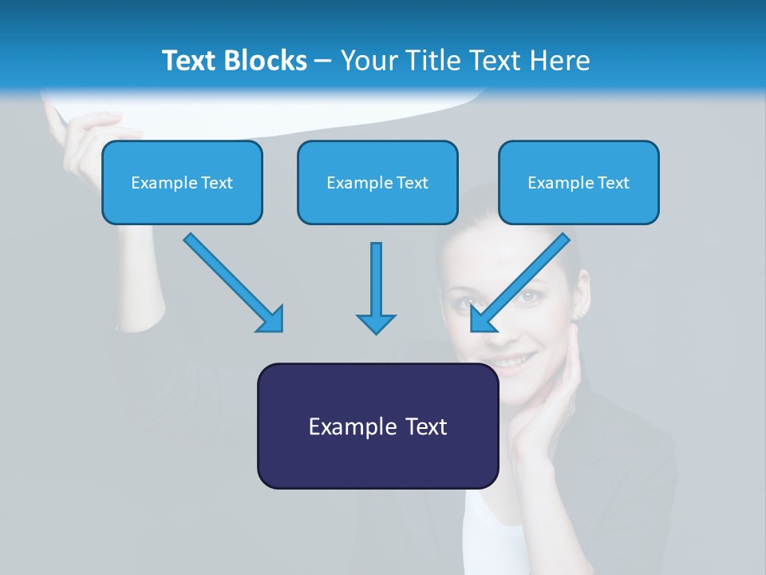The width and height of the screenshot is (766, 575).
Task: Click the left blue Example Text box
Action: coord(182,183)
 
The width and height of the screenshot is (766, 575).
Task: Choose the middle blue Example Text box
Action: coord(377,183)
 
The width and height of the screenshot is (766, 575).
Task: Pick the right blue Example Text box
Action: coord(578,183)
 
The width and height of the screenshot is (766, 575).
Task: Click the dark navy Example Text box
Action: coord(377,426)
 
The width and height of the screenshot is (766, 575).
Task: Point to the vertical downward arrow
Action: coord(376,280)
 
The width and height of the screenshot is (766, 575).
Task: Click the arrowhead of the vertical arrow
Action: coord(376,323)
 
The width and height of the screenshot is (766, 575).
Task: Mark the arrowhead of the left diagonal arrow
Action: coord(271,319)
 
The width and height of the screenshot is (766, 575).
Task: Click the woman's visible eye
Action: coord(528,296)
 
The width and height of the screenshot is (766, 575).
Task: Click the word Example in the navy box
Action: coord(342,426)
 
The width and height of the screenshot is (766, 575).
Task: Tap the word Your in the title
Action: coord(367,61)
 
